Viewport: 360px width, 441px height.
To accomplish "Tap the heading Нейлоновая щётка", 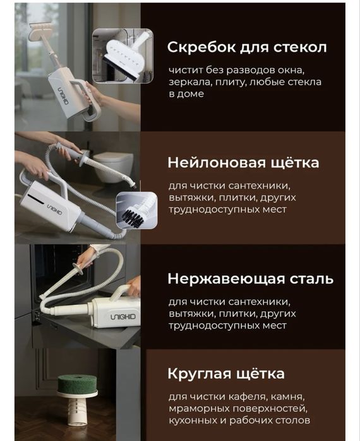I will pos(243,163).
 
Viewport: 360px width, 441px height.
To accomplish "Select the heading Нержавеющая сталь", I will pos(250,279).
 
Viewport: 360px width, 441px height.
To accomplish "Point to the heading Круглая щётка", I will pos(225,373).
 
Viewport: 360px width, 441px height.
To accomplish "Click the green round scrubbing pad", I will pos(77,382).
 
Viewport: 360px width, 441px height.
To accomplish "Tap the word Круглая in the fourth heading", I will pos(198,373).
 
